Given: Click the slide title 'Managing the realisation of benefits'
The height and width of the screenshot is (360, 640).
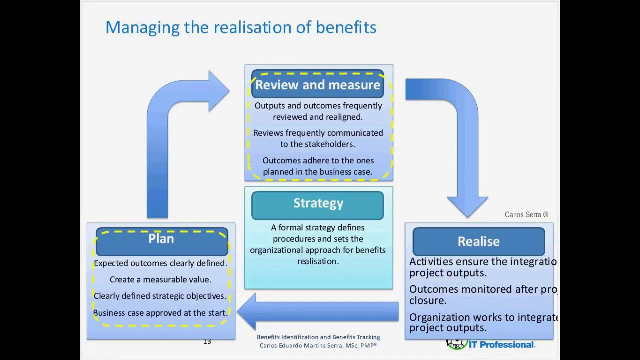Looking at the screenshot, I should (241, 27).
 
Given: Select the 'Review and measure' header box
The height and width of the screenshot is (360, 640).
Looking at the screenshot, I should (318, 85).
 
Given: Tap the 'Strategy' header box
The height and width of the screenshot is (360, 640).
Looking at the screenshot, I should (318, 204).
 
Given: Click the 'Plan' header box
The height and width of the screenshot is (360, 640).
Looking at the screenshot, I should (161, 239).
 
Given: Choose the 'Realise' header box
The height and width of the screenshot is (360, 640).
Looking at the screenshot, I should (478, 242).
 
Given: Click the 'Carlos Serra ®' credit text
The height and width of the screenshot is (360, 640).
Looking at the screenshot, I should (526, 215).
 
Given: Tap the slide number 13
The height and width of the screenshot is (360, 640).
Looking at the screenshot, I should (207, 342).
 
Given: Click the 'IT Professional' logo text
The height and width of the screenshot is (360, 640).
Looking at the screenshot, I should (501, 345).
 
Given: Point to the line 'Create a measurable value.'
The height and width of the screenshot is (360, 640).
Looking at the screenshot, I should (160, 280).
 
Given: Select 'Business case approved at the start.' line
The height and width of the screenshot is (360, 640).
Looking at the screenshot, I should (160, 313).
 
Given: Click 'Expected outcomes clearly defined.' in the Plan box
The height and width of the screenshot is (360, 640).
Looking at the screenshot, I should (160, 263).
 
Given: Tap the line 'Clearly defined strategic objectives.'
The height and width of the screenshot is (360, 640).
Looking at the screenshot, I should (160, 296).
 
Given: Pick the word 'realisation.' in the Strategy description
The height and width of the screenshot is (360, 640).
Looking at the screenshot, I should (318, 261).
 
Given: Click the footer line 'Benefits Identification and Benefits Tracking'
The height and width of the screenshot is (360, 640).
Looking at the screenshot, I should (318, 337).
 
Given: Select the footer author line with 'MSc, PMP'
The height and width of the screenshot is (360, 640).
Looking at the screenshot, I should (318, 346).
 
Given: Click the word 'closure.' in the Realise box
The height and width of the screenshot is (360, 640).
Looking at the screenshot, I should (428, 301).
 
